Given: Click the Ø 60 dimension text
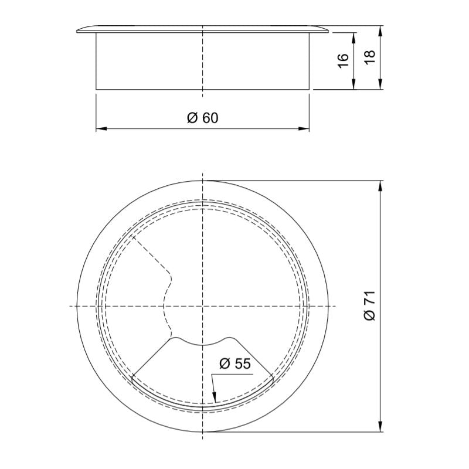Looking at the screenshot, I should pos(202,118).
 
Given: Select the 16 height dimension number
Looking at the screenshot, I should pos(344,61).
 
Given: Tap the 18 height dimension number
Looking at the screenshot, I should pos(369,57).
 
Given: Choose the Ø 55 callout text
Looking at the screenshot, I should pos(235,363).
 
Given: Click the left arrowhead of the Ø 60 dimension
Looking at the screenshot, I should pos(98,128).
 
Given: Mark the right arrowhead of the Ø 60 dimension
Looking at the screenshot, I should pos(307,128).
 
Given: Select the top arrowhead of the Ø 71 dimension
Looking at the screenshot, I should pos(381,184).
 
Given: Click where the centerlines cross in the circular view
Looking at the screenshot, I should pos(202,306).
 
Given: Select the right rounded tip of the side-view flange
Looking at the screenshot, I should pos(327,32).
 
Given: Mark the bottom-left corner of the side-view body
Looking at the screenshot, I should pos(96,89).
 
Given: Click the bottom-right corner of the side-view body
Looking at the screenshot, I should pos(308,89).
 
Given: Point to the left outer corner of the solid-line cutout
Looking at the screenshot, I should pos(132,377).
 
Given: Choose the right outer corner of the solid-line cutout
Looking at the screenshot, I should pos(273,377).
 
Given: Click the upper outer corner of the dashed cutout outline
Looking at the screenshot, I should pos(132,236).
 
